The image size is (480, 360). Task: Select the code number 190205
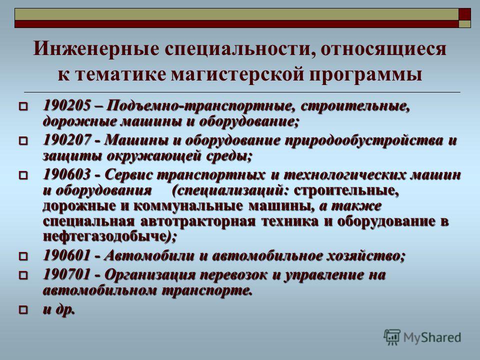pos(66,106)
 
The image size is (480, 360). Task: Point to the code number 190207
pos(66,140)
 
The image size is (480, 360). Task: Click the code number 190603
pos(66,175)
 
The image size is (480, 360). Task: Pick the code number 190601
pos(66,255)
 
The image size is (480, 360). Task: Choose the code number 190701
pos(66,275)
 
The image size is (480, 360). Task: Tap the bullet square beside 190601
pos(23,256)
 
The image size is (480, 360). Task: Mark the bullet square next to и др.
pos(23,310)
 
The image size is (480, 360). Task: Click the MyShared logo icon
pos(392,337)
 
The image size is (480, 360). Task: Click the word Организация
pos(150,275)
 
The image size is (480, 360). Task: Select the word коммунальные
pos(187,205)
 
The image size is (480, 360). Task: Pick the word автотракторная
pos(198,221)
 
